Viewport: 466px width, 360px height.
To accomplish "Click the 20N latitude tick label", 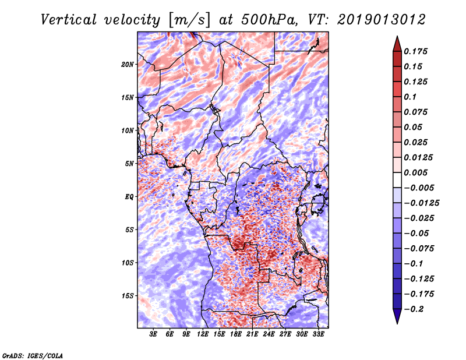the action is pyautogui.click(x=127, y=65).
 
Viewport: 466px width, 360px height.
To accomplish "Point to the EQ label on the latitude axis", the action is pyautogui.click(x=129, y=197).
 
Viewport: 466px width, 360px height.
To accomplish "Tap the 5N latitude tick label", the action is pyautogui.click(x=129, y=164).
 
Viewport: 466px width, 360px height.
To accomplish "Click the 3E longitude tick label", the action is pyautogui.click(x=153, y=334).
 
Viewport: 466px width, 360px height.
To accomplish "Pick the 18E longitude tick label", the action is pyautogui.click(x=236, y=334).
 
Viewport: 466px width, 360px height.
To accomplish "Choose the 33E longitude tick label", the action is pyautogui.click(x=318, y=334).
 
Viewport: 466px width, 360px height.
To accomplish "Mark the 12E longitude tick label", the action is pyautogui.click(x=203, y=334).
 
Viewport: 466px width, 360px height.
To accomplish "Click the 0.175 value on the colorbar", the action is pyautogui.click(x=415, y=51).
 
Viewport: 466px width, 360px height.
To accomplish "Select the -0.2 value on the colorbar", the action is pyautogui.click(x=414, y=309).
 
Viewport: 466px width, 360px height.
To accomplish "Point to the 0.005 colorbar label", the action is pyautogui.click(x=415, y=172).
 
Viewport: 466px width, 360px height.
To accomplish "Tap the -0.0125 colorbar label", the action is pyautogui.click(x=421, y=203).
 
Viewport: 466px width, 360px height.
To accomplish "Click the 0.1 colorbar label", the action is pyautogui.click(x=410, y=97).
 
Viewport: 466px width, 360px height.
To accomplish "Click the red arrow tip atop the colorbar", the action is pyautogui.click(x=397, y=36).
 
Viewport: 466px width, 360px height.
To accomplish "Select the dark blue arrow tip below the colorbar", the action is pyautogui.click(x=397, y=323).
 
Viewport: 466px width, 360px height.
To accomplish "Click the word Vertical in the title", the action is pyautogui.click(x=69, y=20).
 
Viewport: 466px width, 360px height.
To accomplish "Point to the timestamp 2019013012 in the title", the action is pyautogui.click(x=382, y=20).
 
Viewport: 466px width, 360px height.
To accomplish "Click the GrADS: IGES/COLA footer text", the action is pyautogui.click(x=33, y=355).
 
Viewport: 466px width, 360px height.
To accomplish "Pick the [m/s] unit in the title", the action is pyautogui.click(x=189, y=20).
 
